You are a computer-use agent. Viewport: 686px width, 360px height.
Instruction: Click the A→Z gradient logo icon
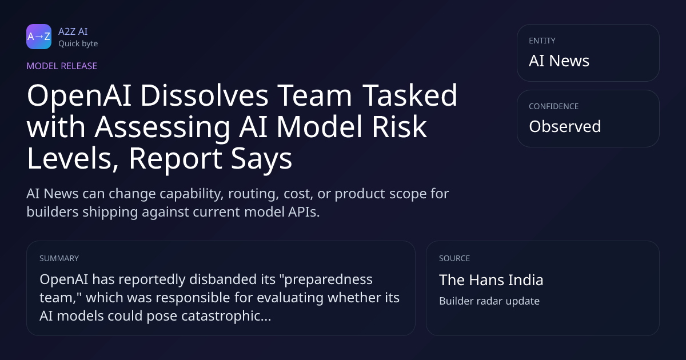coord(39,37)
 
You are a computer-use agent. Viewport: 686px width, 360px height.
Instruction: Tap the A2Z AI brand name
coord(73,31)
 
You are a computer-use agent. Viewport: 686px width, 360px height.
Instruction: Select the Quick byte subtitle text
coord(78,44)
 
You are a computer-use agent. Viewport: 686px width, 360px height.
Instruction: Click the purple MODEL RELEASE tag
coord(62,66)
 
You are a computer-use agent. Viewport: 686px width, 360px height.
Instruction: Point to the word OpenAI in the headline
coord(79,97)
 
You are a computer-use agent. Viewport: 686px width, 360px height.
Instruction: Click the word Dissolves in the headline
coord(205,95)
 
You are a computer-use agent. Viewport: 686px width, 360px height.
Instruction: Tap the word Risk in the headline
coord(399,127)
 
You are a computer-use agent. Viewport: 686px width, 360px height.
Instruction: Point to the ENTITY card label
coord(542,41)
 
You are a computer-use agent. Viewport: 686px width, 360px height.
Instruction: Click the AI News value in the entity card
coord(559,61)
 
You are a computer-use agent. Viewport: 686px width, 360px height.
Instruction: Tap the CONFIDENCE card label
coord(554,106)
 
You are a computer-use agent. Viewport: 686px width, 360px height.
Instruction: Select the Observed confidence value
coord(565,126)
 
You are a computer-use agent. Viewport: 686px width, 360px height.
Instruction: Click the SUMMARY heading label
coord(59,258)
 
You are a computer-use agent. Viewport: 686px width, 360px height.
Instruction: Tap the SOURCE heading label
coord(454,258)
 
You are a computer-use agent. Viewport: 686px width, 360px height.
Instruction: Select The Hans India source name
coord(491,280)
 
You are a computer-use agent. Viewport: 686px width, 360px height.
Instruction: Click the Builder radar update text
coord(489,301)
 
